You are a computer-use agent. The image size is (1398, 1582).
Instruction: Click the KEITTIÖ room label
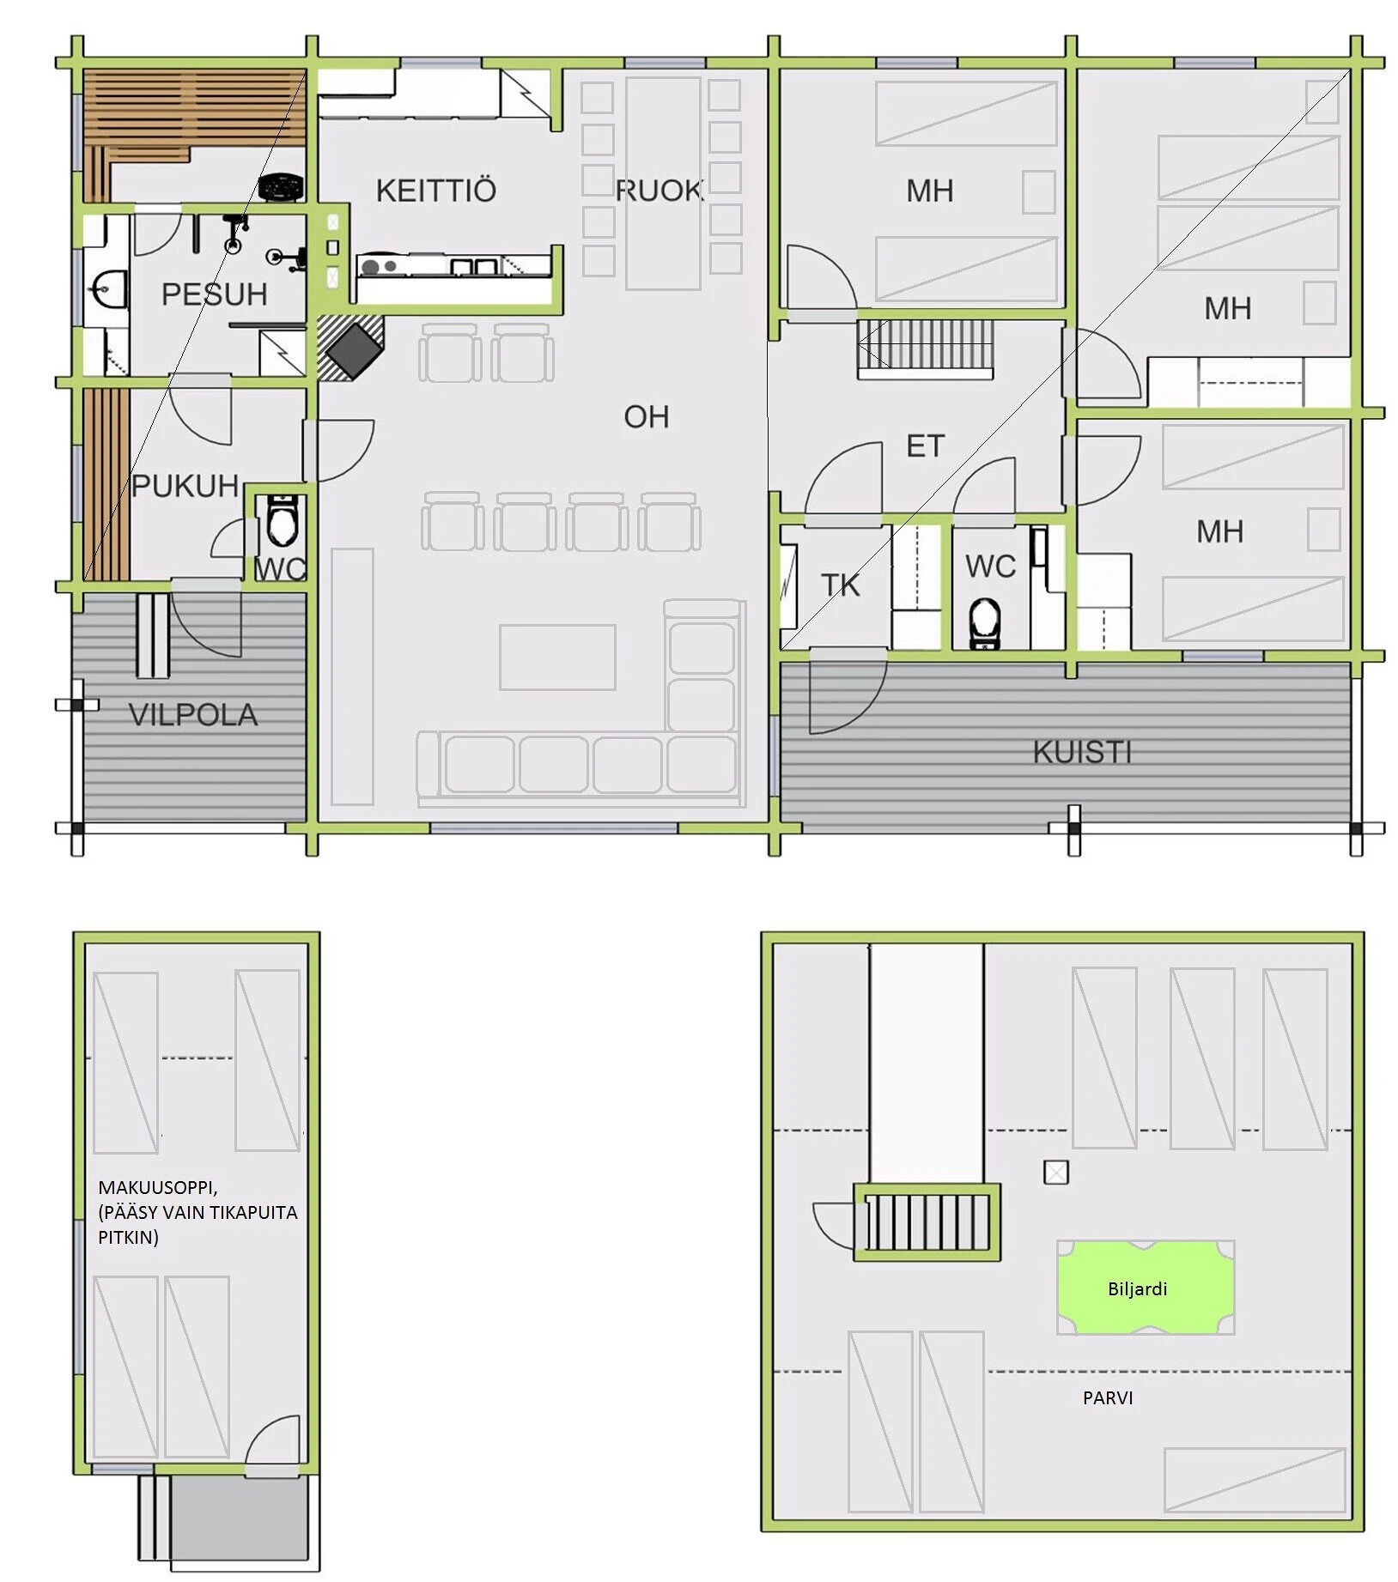pos(436,191)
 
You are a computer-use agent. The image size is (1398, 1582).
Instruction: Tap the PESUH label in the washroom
pos(215,294)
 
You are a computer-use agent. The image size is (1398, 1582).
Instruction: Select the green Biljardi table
pos(1146,1287)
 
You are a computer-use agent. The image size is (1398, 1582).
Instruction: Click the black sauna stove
pos(282,187)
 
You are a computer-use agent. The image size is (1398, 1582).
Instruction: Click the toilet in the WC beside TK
pos(985,622)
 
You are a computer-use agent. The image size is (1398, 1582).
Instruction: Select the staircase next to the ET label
pos(926,349)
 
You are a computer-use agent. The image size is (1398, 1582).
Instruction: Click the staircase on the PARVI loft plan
pos(927,1221)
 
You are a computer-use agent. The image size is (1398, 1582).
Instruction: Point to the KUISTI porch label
pos(1082,752)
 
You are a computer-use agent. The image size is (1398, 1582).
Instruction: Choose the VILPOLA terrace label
pos(192,715)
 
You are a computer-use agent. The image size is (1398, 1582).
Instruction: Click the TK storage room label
pos(840,585)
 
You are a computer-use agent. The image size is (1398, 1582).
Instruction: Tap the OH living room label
pos(647,417)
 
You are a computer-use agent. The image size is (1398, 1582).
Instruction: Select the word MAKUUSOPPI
pos(158,1187)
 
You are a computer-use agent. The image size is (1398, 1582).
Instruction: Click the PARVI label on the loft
pos(1108,1397)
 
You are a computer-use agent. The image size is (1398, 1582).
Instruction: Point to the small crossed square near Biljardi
pos(1056,1172)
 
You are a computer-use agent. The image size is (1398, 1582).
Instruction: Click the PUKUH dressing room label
pos(185,486)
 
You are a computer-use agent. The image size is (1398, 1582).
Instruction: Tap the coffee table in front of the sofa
pos(557,658)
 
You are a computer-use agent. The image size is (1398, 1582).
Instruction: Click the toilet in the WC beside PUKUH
pos(282,521)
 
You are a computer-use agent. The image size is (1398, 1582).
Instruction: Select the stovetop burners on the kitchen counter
pos(379,267)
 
